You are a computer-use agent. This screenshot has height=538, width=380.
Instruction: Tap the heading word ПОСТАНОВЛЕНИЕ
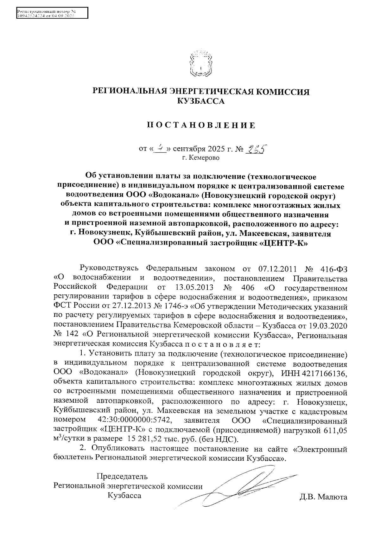[x=201, y=125]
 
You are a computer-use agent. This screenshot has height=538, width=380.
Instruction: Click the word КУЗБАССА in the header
[x=201, y=101]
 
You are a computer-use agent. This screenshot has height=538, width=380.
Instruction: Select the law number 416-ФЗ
[x=333, y=269]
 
